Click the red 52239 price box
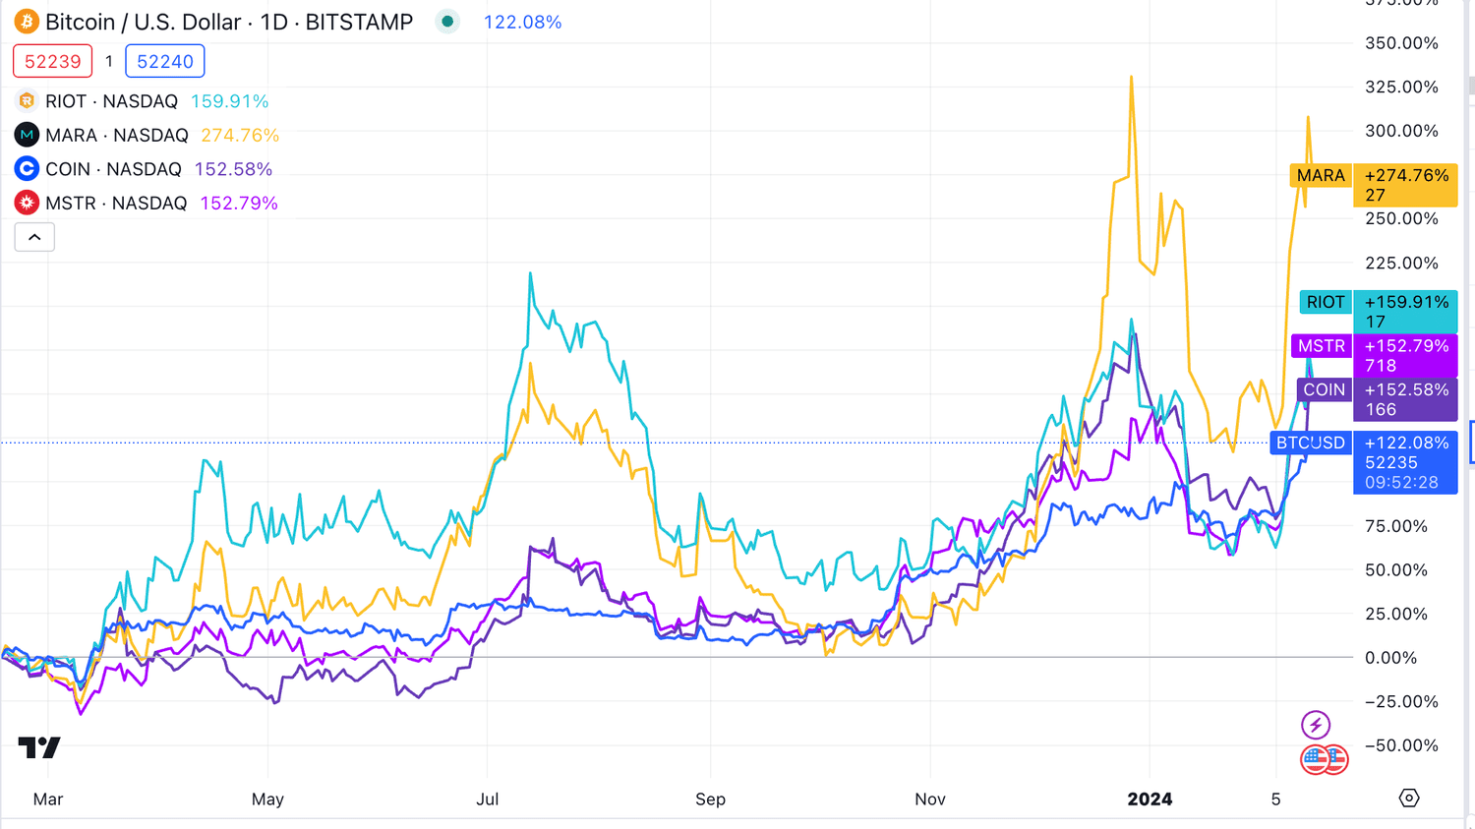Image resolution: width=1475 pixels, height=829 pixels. [52, 61]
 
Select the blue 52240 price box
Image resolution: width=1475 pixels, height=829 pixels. [164, 61]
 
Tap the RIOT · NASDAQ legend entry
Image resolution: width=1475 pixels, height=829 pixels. [111, 101]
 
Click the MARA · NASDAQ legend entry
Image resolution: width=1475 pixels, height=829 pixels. [116, 135]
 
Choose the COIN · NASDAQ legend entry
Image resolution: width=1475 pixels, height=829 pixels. [113, 169]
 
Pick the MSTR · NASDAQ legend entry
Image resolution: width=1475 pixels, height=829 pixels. [115, 203]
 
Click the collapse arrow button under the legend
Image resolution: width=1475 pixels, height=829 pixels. [34, 237]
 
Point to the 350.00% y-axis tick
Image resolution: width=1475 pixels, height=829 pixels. [1401, 43]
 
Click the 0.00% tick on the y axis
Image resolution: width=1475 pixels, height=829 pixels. [1390, 657]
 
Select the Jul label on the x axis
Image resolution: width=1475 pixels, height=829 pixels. [488, 799]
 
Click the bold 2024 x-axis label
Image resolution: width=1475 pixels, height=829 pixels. [1150, 799]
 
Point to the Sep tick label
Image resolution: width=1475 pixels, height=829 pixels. [710, 799]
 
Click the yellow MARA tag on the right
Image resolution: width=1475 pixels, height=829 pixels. [1320, 176]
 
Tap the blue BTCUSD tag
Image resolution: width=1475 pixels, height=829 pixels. [1310, 443]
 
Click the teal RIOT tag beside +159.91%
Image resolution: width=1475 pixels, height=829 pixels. [1326, 302]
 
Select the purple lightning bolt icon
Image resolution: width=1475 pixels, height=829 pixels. [1316, 725]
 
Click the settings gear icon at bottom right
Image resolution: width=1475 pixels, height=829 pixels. [1409, 798]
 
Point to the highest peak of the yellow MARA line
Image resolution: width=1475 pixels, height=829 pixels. [1132, 77]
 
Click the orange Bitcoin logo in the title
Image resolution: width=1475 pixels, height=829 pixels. [27, 22]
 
